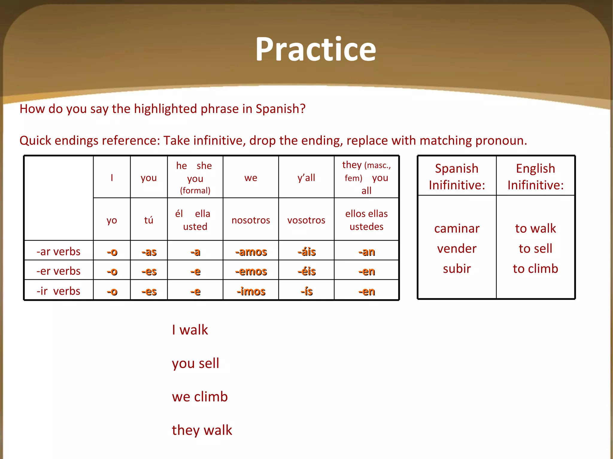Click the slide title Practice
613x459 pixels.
click(315, 49)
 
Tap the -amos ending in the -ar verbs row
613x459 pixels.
click(251, 252)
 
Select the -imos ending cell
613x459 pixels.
click(251, 291)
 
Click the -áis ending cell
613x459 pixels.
click(306, 252)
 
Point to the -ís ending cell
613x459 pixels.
click(306, 291)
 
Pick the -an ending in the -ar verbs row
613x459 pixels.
click(366, 252)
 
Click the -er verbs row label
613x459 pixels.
click(58, 271)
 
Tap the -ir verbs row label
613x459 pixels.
click(58, 291)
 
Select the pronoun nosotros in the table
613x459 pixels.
click(251, 220)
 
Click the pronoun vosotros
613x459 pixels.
click(306, 220)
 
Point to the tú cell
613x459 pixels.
click(148, 220)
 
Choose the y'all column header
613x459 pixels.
click(306, 178)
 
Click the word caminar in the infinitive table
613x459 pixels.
click(457, 229)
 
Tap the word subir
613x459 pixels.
click(457, 269)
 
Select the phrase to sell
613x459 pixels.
click(535, 249)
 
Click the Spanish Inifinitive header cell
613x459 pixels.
click(457, 177)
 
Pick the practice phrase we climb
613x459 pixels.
click(200, 397)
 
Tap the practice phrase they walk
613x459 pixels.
click(202, 430)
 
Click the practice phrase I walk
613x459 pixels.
click(190, 330)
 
